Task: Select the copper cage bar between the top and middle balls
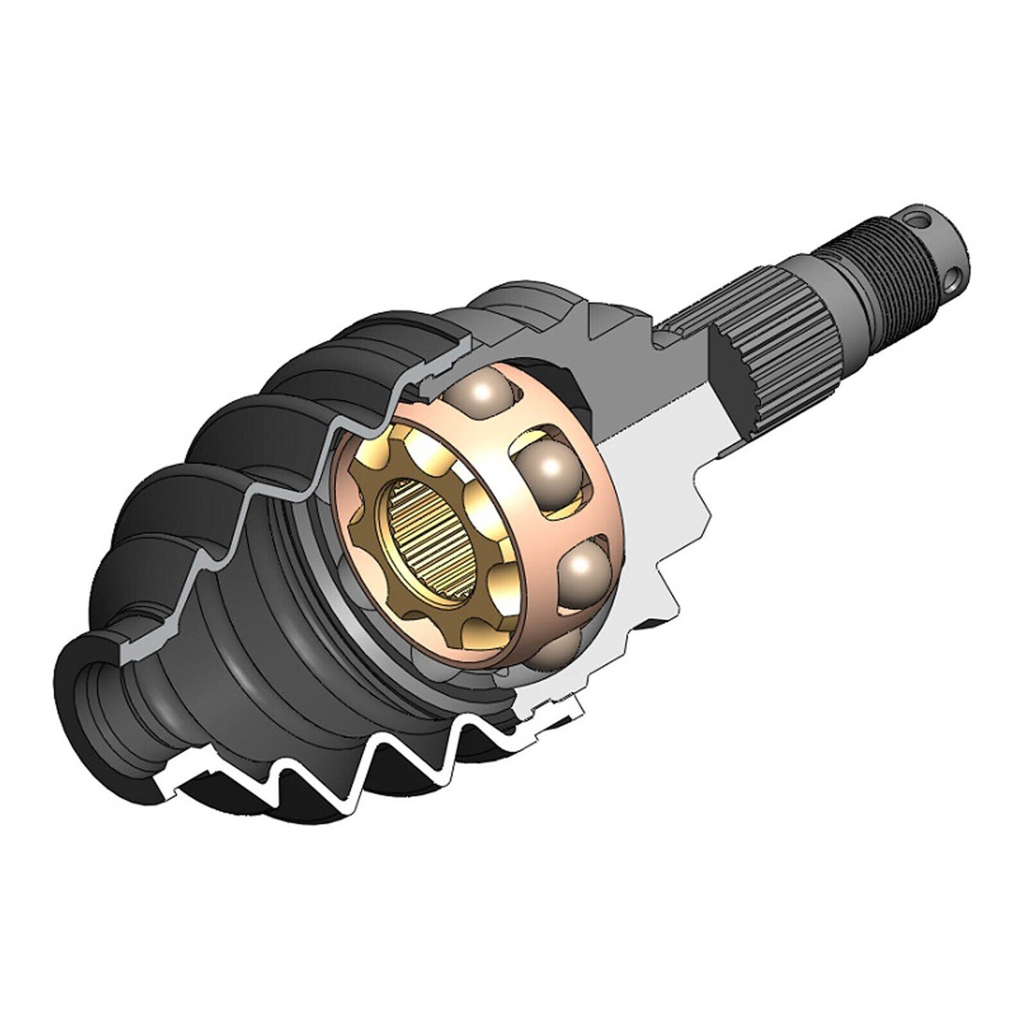[513, 430]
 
